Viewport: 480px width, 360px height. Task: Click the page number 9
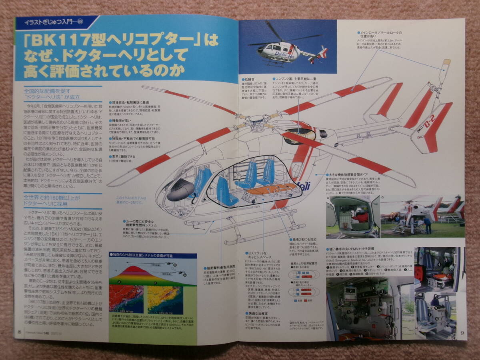click(x=462, y=332)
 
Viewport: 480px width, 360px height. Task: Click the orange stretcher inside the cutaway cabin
click(x=267, y=190)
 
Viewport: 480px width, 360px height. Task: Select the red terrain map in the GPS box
click(x=126, y=298)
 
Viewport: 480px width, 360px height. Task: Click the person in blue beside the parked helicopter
click(x=427, y=225)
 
